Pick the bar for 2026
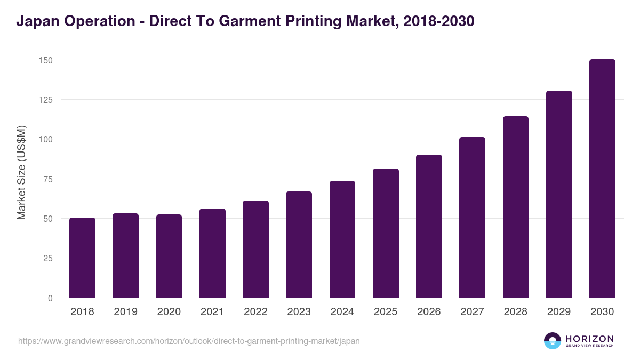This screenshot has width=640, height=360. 429,226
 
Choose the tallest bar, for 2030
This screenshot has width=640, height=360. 602,179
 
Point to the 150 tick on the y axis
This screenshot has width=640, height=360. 46,60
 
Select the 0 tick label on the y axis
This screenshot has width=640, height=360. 50,298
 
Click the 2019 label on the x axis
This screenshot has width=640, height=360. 125,312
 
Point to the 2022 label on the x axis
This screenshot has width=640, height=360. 255,312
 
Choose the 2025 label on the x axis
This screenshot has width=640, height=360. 386,312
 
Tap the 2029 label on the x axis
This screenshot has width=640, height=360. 559,312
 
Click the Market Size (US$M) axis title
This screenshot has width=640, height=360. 21,172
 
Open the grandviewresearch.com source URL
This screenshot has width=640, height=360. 189,341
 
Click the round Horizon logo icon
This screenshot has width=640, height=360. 553,341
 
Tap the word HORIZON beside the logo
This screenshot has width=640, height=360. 589,338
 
